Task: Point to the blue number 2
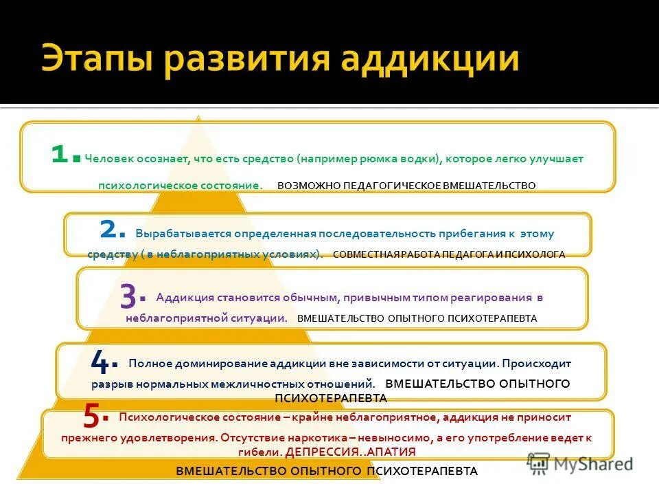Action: coord(111,228)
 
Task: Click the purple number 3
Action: coord(128,296)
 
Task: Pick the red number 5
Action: coord(93,415)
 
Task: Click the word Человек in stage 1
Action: coord(110,159)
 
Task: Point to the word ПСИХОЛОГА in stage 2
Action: coord(537,254)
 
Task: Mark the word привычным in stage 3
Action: coord(377,298)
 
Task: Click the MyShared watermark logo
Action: coord(580,463)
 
